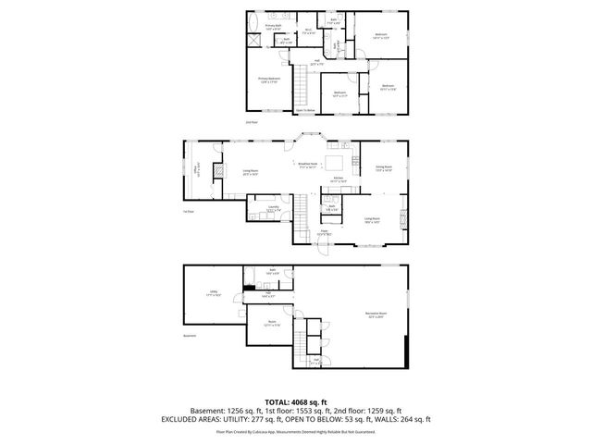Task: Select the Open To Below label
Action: pyautogui.click(x=306, y=109)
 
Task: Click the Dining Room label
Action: pyautogui.click(x=383, y=169)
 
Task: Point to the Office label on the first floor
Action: pyautogui.click(x=195, y=172)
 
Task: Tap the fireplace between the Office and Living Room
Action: pyautogui.click(x=218, y=171)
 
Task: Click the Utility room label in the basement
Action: pyautogui.click(x=212, y=294)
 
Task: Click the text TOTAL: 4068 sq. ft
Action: pyautogui.click(x=295, y=401)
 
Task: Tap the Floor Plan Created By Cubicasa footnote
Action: pyautogui.click(x=295, y=431)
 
